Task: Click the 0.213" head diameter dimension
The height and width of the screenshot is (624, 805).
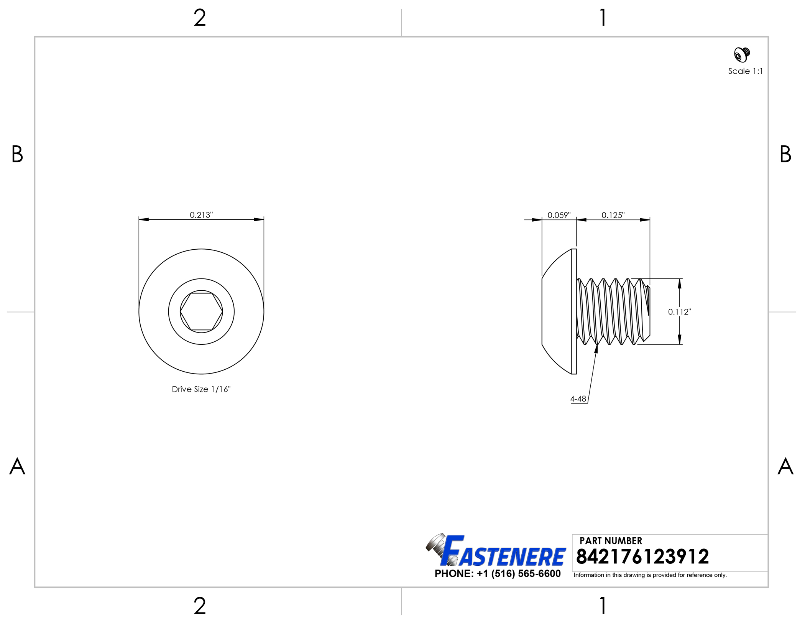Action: coord(201,215)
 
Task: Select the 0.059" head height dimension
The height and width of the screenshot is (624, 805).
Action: coord(559,215)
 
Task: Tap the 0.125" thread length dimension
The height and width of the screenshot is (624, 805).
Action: coord(613,215)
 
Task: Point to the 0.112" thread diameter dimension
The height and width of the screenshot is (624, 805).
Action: coord(680,312)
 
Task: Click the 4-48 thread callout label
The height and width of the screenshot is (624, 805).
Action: coord(578,399)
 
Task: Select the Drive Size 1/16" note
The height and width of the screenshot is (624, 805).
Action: coord(201,389)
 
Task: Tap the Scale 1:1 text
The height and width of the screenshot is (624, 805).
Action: coord(745,71)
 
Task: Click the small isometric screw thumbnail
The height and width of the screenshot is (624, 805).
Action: coord(742,54)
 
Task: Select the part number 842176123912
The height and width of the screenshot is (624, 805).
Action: coord(642,557)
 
